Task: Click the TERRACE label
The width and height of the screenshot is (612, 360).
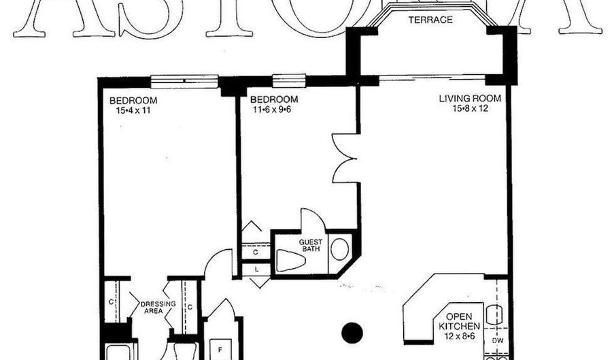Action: coord(430,20)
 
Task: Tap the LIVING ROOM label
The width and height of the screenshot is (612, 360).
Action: coord(469,99)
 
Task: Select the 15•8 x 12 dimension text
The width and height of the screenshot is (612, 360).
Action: coord(469,108)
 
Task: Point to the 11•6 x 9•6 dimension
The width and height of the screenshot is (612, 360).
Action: coord(266,109)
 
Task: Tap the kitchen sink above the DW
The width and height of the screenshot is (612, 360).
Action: coord(496,314)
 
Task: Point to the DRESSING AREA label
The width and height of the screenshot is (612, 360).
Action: coord(158,308)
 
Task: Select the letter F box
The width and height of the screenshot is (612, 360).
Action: coord(220,349)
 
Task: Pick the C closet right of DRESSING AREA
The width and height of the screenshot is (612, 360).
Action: coord(190,307)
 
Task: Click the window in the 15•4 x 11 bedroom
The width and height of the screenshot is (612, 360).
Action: coord(184,81)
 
